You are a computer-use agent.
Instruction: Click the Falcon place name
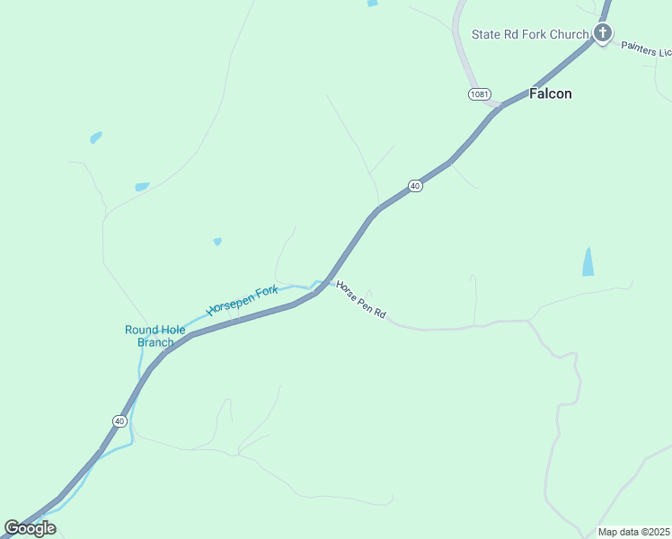[x=550, y=93]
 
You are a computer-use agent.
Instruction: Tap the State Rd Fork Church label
[x=530, y=35]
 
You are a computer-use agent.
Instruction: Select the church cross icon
[x=602, y=34]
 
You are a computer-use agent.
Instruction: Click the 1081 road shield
[x=479, y=94]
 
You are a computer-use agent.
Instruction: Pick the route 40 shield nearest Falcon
[x=414, y=185]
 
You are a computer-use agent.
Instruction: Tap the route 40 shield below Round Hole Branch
[x=119, y=420]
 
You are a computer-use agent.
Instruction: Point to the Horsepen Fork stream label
[x=243, y=300]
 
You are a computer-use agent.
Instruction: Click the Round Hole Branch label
[x=155, y=336]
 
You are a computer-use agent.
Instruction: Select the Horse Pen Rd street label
[x=361, y=300]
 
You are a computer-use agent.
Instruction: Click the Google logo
[x=31, y=528]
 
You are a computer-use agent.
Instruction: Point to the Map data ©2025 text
[x=634, y=532]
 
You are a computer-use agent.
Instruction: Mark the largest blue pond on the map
[x=588, y=261]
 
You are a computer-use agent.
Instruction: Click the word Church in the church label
[x=570, y=35]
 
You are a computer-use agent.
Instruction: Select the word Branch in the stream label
[x=155, y=342]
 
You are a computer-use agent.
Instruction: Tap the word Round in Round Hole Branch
[x=142, y=330]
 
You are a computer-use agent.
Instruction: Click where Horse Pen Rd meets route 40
[x=324, y=281]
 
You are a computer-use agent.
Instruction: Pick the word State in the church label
[x=487, y=35]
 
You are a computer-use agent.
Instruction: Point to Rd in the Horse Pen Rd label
[x=380, y=314]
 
